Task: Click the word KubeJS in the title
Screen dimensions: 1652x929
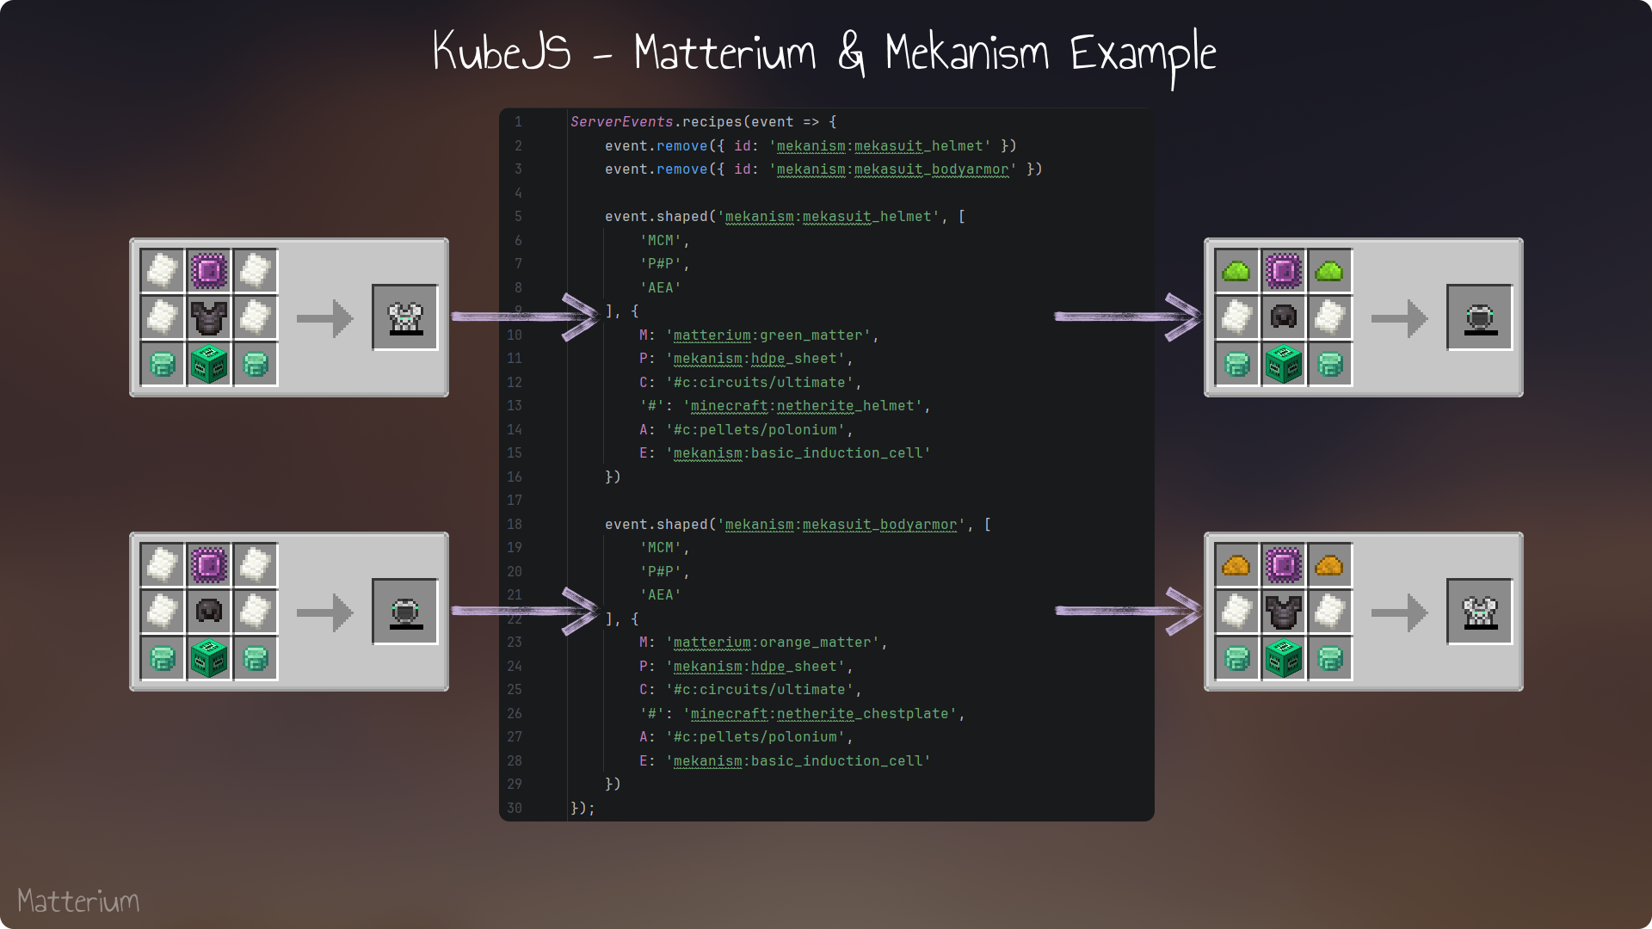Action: [502, 51]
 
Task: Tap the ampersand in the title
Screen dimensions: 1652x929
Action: [851, 52]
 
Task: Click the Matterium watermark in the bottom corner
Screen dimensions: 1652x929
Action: [78, 901]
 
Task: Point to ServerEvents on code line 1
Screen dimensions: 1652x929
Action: [621, 122]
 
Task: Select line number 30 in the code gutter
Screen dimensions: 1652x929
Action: [515, 808]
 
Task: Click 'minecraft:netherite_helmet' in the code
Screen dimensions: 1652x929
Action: [803, 406]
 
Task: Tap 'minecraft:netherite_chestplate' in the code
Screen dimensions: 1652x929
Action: [820, 714]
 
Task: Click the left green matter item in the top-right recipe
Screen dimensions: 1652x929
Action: [1236, 272]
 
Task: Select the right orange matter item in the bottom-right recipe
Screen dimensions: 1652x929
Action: [1329, 565]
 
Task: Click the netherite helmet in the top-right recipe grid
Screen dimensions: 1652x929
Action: [1283, 317]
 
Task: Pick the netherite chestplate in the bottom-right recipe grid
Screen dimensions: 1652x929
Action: [1283, 612]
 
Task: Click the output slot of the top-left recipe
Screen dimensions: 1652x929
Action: [405, 317]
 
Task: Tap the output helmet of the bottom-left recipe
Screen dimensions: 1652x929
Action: [405, 612]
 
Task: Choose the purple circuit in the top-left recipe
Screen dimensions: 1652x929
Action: [208, 272]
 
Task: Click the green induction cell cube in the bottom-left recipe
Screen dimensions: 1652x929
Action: [208, 658]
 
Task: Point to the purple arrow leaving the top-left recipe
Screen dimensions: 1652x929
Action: [524, 317]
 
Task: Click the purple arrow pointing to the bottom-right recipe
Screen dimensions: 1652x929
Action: [1128, 611]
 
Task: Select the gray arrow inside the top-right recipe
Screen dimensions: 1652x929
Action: [1399, 318]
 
